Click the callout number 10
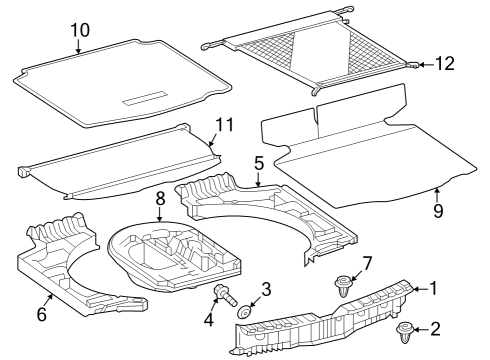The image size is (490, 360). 80,30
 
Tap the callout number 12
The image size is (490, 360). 445,63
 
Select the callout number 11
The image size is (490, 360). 225,125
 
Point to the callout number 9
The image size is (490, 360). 438,211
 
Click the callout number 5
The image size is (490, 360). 259,163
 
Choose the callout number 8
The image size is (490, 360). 160,199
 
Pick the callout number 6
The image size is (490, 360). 41,314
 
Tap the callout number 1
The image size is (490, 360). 433,288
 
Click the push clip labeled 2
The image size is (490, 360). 405,332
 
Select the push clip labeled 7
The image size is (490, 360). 343,286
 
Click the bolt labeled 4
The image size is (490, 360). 225,295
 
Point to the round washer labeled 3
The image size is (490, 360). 245,313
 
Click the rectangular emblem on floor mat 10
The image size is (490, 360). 145,98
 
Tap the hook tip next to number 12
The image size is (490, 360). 414,65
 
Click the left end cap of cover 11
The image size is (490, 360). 23,172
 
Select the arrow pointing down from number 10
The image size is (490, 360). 78,46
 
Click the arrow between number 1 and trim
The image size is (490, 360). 420,289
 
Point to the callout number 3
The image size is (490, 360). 266,289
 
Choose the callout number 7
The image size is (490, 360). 367,263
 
